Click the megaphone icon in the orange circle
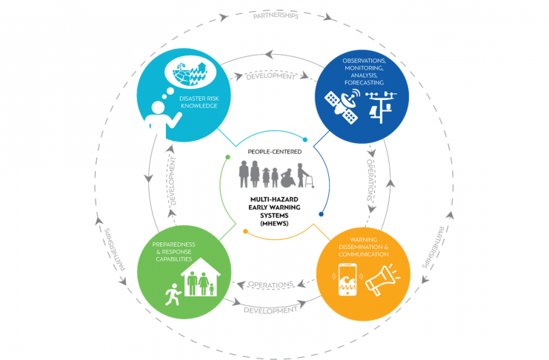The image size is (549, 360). click(x=382, y=279)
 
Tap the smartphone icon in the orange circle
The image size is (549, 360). click(x=347, y=279)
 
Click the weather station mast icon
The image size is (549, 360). click(x=382, y=107)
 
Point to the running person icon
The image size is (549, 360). click(x=173, y=294)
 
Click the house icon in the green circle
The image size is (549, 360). click(x=201, y=277)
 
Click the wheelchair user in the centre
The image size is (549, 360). click(x=287, y=178)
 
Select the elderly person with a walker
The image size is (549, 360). click(x=305, y=175)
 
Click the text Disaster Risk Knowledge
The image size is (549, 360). click(x=199, y=102)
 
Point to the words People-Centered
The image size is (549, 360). click(x=274, y=152)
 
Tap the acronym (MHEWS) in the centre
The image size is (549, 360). click(x=274, y=224)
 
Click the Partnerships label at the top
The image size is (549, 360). click(x=276, y=16)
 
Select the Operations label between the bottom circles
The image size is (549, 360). click(x=270, y=284)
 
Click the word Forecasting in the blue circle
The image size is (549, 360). click(x=364, y=83)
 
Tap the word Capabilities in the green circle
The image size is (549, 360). click(x=173, y=259)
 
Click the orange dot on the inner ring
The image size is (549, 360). click(x=245, y=231)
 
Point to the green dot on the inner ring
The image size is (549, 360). click(x=228, y=157)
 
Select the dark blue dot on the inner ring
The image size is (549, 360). click(x=321, y=214)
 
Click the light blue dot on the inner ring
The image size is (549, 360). click(x=305, y=140)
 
